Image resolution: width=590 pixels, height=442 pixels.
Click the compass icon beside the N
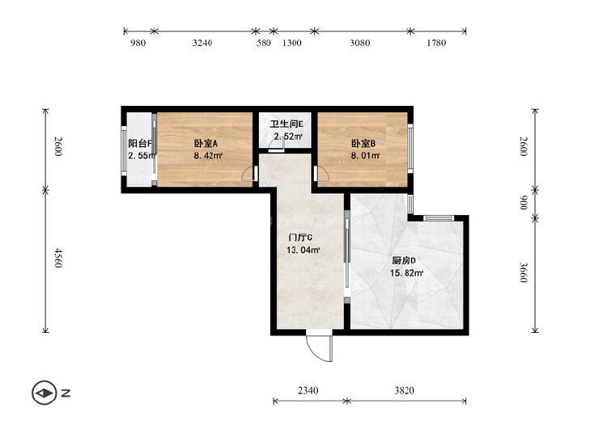coord(45,394)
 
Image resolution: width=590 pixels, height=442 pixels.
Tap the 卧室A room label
coord(206,144)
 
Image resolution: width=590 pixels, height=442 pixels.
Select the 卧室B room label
coord(363,144)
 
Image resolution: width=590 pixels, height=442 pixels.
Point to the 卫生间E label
coord(287,124)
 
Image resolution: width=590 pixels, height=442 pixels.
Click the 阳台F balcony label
coord(140,144)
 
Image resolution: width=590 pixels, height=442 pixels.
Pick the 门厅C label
coord(300,238)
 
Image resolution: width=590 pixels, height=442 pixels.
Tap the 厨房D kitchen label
coord(404,261)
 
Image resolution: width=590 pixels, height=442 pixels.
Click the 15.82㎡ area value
coord(407,273)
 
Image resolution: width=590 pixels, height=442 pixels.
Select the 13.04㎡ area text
coord(303,250)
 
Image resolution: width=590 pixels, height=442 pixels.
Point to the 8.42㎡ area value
coord(209,155)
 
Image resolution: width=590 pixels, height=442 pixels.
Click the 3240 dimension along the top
coord(202,43)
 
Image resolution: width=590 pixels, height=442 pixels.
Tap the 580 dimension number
coord(263,43)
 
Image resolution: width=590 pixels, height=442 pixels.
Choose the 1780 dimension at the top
coord(436,43)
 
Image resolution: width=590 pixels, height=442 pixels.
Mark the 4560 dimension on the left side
coord(57,258)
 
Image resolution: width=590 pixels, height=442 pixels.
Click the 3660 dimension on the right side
coord(524,272)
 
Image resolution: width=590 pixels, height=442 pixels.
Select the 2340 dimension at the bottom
coord(308,391)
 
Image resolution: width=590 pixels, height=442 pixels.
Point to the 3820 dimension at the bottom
coord(404,391)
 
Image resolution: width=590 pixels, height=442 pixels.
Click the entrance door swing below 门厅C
coord(320,346)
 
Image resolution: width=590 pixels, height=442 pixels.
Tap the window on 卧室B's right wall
coord(410,149)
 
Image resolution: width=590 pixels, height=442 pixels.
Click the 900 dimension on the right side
coord(524,202)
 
